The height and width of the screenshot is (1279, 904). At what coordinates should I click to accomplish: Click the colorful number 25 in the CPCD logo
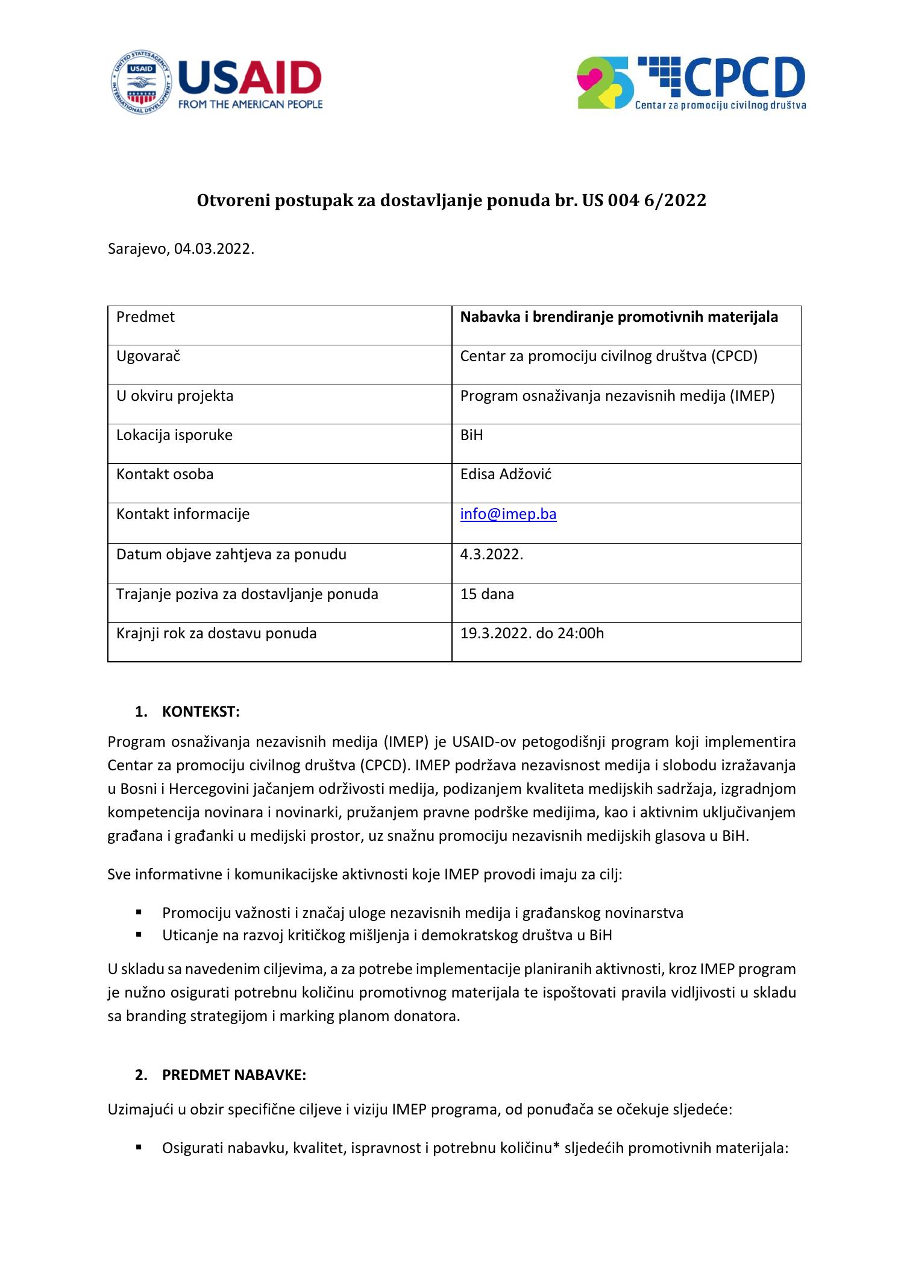click(604, 83)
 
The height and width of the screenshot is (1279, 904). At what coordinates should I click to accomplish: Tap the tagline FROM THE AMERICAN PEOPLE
click(250, 104)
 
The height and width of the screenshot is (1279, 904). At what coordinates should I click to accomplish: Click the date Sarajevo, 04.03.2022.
click(181, 249)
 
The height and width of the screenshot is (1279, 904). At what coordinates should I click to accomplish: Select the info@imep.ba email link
click(508, 514)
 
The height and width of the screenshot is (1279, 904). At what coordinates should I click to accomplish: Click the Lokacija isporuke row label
click(174, 435)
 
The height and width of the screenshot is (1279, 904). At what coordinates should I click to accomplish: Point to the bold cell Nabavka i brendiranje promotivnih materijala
click(619, 317)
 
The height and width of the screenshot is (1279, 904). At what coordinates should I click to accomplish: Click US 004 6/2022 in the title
click(644, 201)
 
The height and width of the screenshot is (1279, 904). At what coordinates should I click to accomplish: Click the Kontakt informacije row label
click(183, 514)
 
